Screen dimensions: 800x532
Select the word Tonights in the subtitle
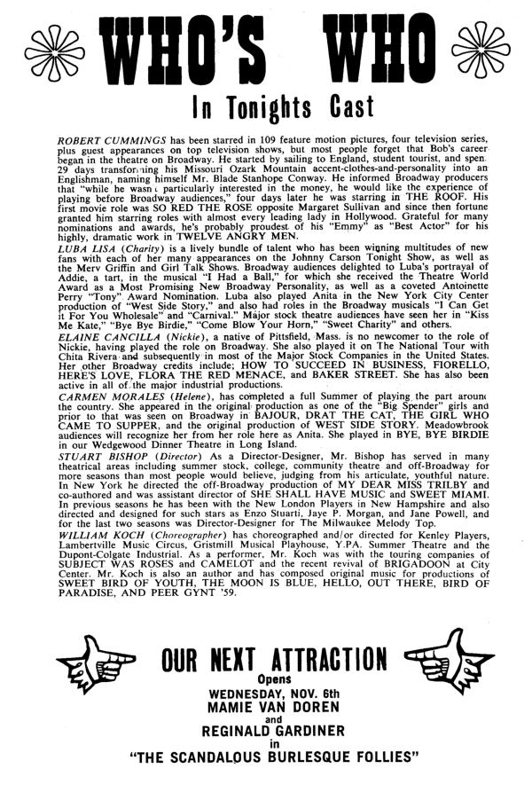(267, 113)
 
